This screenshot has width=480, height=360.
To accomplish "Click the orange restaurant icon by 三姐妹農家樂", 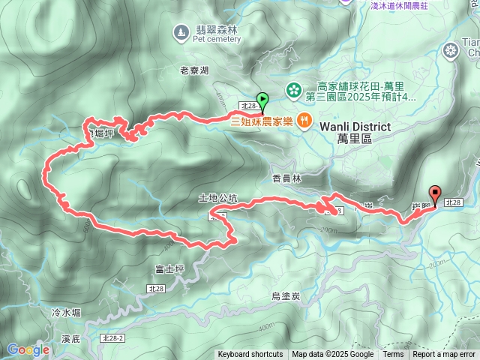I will [304, 120].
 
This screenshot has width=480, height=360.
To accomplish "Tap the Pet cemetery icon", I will [181, 31].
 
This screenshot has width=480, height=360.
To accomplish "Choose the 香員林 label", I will [286, 178].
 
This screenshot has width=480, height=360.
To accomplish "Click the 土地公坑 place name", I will [217, 199].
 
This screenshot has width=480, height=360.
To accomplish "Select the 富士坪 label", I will [169, 268].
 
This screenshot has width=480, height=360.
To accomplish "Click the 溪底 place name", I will [72, 339].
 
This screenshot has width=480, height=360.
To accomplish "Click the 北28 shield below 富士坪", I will [156, 289].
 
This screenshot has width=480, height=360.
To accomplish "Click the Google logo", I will [28, 349].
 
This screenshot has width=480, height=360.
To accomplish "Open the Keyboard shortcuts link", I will [250, 355].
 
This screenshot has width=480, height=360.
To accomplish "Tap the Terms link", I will [393, 355].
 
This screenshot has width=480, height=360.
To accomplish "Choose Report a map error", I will [444, 355].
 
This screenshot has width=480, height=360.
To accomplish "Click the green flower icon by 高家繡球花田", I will [295, 88].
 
